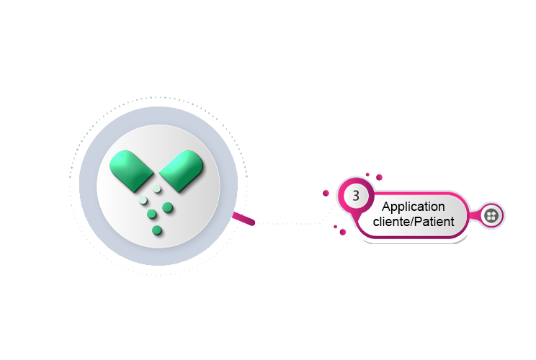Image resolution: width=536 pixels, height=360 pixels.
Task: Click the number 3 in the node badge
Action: pyautogui.click(x=356, y=196)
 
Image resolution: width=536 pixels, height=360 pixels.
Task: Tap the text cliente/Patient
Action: pyautogui.click(x=413, y=222)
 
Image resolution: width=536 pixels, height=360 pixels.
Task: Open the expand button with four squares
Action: pyautogui.click(x=491, y=215)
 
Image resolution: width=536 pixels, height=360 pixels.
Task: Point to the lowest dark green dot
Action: pyautogui.click(x=156, y=230)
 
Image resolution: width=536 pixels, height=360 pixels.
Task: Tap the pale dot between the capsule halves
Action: pyautogui.click(x=156, y=189)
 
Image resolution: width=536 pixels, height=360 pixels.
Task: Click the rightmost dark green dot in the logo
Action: pyautogui.click(x=168, y=207)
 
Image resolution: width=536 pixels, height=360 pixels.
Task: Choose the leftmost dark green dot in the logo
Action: pyautogui.click(x=151, y=215)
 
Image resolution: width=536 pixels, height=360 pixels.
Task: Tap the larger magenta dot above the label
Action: pyautogui.click(x=379, y=177)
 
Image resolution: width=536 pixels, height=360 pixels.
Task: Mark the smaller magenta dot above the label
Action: pyautogui.click(x=367, y=174)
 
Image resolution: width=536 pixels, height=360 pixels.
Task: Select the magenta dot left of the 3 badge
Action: pyautogui.click(x=326, y=193)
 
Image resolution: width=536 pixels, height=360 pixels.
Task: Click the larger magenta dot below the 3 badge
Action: pyautogui.click(x=342, y=232)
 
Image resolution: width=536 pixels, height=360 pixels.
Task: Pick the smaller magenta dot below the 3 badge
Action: pyautogui.click(x=335, y=227)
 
